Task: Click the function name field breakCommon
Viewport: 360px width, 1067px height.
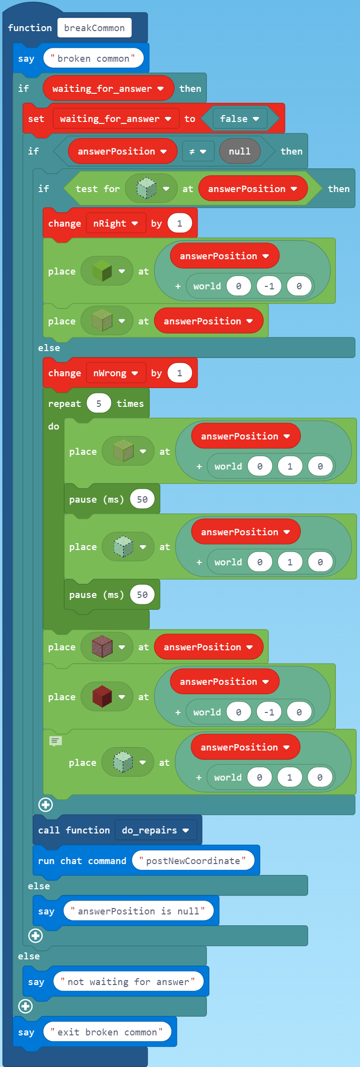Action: [94, 28]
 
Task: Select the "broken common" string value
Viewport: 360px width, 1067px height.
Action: [93, 59]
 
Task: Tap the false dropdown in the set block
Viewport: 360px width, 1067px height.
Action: [240, 119]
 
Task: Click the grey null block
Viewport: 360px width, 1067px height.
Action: [240, 152]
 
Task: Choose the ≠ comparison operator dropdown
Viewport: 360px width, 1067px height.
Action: [198, 152]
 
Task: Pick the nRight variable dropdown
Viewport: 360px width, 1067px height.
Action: [116, 224]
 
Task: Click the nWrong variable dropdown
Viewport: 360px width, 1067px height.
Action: [116, 373]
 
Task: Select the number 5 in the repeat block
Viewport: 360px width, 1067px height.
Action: [99, 404]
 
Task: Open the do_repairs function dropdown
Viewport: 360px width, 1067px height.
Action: [156, 830]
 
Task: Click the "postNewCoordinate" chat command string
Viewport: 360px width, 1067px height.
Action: [193, 861]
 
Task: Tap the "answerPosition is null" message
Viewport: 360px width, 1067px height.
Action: [138, 911]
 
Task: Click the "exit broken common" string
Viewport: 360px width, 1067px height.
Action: [107, 1032]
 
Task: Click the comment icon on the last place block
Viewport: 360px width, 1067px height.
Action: [55, 741]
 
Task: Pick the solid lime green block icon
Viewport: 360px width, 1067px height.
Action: [102, 271]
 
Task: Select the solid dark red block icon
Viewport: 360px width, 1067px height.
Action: [102, 697]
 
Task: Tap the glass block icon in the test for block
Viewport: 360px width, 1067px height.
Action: [146, 189]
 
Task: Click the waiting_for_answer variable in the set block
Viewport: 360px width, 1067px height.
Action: [115, 119]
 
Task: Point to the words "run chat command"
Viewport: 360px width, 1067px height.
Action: [82, 861]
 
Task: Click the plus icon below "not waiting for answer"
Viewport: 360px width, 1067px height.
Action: [26, 1006]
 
